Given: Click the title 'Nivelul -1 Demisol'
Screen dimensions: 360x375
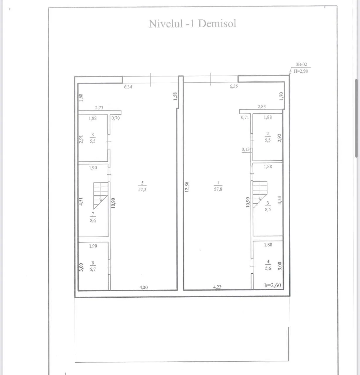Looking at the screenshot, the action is (192, 24).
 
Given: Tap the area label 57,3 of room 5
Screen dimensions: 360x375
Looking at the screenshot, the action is (142, 190).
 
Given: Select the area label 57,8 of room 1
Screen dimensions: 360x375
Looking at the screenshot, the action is (218, 189).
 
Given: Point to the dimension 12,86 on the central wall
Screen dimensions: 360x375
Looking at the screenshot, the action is (187, 187).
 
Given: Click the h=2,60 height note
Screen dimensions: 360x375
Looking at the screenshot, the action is (273, 285).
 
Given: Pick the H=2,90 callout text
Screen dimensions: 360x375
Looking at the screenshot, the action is (301, 71).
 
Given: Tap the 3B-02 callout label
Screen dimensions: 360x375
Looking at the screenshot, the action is (301, 64).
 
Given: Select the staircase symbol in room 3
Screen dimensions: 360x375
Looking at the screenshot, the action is (260, 195).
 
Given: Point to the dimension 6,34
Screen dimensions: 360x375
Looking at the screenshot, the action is (128, 87).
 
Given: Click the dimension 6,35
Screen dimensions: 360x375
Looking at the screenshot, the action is (234, 86).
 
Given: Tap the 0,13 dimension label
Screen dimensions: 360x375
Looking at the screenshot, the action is (245, 149).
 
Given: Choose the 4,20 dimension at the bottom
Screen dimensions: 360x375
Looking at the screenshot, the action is (143, 287).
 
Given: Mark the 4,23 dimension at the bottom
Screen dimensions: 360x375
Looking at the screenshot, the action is (217, 287).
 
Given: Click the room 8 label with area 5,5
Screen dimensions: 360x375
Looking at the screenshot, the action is (93, 138).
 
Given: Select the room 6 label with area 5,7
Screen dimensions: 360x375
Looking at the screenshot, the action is (93, 266).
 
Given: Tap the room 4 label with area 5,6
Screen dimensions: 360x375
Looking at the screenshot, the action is (268, 265).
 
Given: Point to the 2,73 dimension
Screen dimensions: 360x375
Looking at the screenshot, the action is (99, 108).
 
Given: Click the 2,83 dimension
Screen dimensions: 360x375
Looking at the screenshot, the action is (262, 107).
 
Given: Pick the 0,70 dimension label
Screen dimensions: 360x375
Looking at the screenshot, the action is (116, 118).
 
